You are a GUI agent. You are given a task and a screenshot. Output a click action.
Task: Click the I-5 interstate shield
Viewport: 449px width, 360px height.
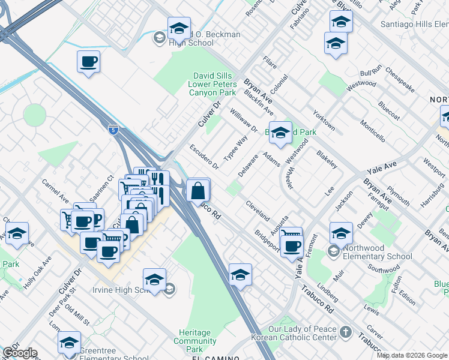click(113, 129)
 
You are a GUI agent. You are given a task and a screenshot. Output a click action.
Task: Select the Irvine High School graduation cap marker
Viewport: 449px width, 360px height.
click(154, 280)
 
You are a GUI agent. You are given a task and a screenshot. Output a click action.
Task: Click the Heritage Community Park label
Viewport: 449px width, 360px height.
click(194, 341)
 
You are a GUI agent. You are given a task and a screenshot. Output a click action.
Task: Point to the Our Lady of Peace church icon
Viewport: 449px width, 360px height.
click(346, 331)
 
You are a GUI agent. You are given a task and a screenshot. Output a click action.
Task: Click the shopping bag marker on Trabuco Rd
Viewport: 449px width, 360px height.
click(197, 191)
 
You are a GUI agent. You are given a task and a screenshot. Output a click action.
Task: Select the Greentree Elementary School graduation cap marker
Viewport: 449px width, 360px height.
click(70, 343)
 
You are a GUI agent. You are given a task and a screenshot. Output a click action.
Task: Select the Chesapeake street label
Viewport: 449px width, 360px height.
click(400, 80)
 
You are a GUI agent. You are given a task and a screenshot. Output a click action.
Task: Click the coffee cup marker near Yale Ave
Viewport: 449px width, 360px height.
click(292, 246)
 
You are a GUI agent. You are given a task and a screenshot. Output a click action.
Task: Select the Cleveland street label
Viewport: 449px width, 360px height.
click(257, 211)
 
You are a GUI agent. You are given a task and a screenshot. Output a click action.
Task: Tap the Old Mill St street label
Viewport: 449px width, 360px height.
click(78, 314)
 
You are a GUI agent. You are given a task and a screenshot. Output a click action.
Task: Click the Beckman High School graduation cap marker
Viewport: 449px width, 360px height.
click(179, 28)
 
